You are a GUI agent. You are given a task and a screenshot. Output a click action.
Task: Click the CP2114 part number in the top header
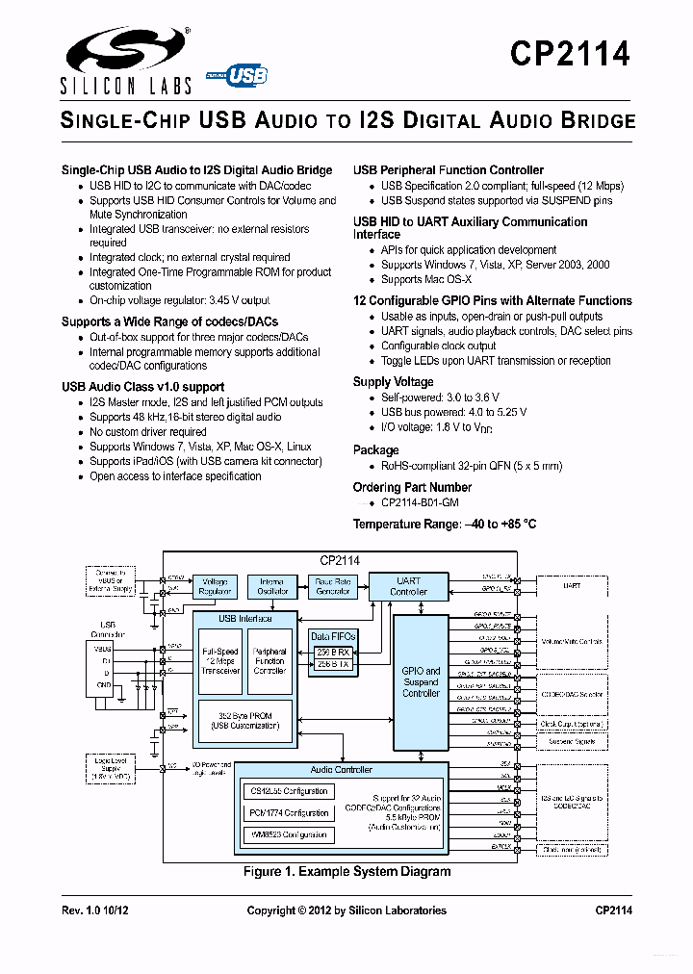(x=571, y=53)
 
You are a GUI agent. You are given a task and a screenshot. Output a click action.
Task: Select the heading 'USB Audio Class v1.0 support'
(x=142, y=387)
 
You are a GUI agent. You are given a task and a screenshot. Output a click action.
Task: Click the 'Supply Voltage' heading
(x=393, y=382)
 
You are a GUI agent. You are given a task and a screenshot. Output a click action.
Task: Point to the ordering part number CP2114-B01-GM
(x=420, y=502)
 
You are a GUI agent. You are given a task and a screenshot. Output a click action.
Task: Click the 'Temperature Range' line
(x=444, y=525)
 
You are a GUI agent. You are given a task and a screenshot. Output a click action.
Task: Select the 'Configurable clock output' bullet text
(x=439, y=346)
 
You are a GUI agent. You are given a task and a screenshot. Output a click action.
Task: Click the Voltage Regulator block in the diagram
(x=215, y=586)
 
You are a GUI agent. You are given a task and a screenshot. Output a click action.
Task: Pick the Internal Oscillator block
(x=272, y=586)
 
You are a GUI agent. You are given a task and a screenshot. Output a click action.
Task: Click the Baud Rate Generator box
(x=333, y=586)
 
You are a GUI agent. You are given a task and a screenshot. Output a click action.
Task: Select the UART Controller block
(x=408, y=586)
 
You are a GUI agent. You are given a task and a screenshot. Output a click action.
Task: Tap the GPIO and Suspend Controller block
(x=421, y=681)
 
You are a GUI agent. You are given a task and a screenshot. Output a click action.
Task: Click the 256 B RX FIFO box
(x=333, y=651)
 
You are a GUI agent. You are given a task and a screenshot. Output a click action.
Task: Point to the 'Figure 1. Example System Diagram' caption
(x=346, y=872)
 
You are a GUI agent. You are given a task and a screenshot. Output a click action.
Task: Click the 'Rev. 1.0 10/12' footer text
(x=94, y=910)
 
